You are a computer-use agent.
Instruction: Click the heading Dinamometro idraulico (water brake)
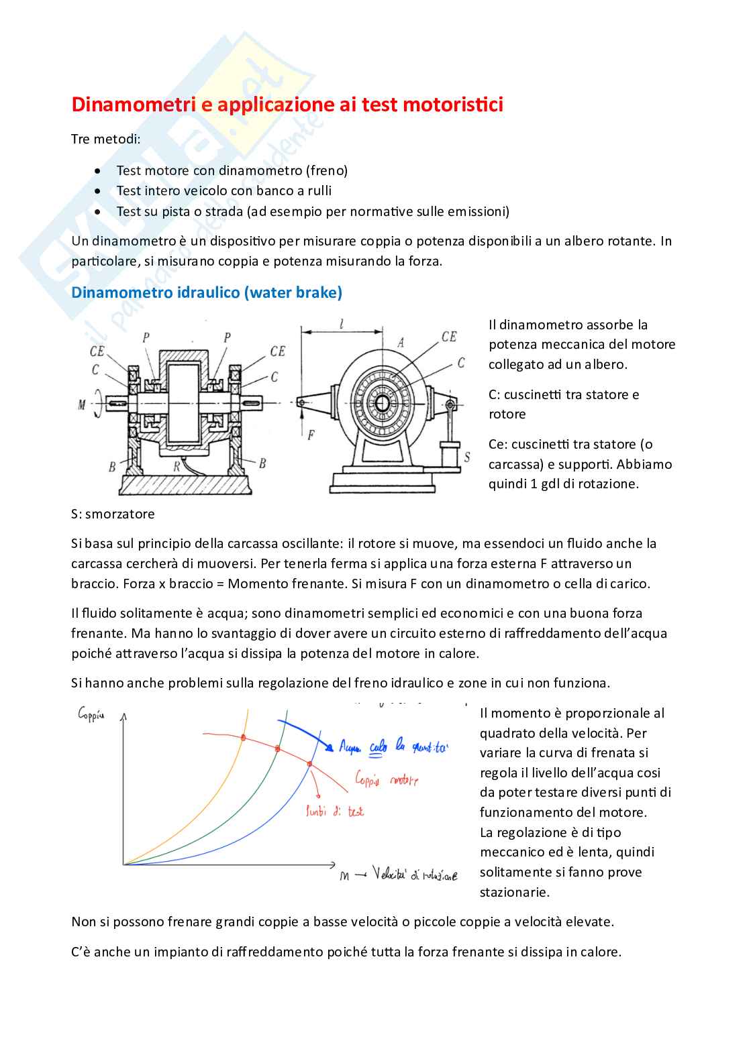(207, 292)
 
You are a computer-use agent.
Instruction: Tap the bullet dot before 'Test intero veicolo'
(99, 191)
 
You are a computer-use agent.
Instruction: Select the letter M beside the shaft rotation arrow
(83, 404)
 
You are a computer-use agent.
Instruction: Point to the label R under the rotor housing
(177, 465)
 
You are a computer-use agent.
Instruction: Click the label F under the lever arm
(311, 435)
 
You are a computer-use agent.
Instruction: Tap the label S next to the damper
(466, 457)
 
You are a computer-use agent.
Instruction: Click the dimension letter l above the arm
(342, 324)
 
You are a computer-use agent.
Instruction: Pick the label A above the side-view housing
(401, 342)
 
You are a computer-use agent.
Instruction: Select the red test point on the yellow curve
(243, 738)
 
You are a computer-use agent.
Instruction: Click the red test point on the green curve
(278, 748)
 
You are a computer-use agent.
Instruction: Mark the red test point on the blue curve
(309, 764)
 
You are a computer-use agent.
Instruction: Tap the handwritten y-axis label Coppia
(91, 715)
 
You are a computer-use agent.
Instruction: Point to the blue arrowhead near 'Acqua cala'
(328, 746)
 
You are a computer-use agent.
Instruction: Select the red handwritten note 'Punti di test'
(334, 812)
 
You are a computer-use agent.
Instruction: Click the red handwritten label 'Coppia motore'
(386, 779)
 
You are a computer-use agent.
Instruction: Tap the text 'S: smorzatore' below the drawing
(113, 514)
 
